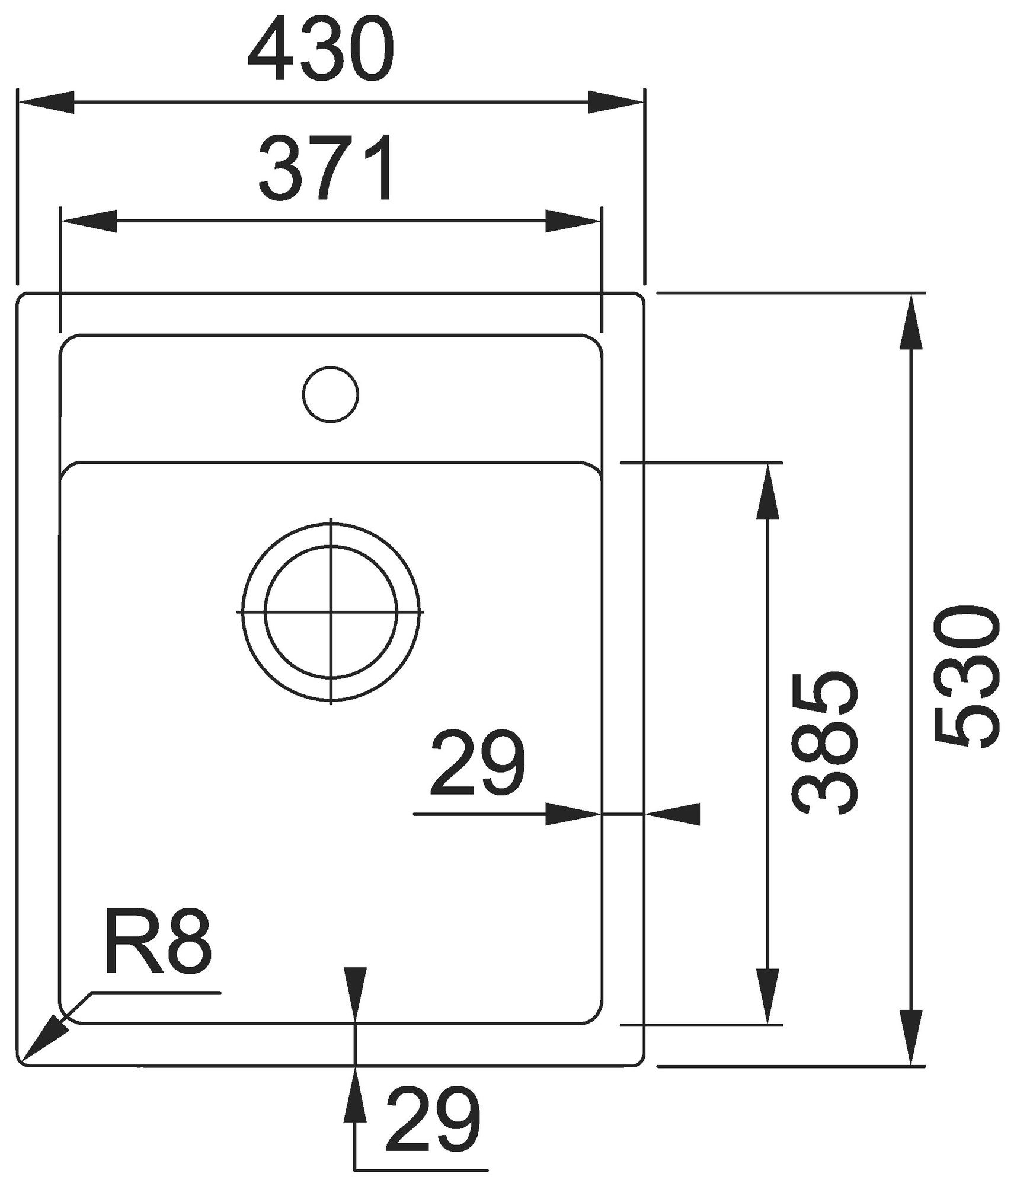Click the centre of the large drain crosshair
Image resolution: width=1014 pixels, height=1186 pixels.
[331, 611]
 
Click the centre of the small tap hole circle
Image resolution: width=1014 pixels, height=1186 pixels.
[331, 394]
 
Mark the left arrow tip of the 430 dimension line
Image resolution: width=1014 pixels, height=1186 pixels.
[19, 102]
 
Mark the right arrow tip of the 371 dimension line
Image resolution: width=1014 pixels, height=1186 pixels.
[601, 222]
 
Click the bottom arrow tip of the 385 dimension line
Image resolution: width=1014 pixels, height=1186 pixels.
[767, 1024]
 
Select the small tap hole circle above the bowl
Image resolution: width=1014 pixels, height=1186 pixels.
[331, 394]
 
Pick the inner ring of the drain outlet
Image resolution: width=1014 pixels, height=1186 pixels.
[331, 546]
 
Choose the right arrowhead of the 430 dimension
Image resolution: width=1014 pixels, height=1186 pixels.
[616, 102]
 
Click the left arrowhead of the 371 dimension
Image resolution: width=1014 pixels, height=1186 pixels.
[88, 222]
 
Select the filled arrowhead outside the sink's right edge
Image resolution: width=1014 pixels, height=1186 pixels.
[672, 815]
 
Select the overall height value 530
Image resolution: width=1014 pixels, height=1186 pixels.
[967, 676]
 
